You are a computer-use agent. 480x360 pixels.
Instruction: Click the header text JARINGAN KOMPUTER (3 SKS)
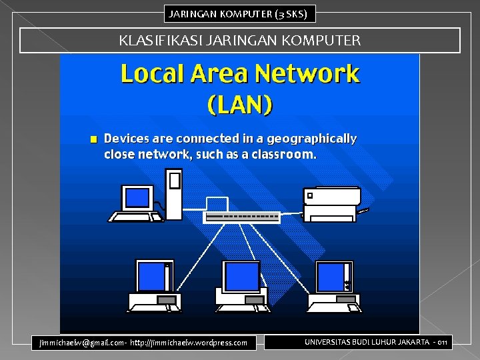click(x=238, y=13)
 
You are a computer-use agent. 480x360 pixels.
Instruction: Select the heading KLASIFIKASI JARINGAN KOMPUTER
click(x=240, y=41)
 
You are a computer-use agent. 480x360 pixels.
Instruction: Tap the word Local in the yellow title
click(x=152, y=74)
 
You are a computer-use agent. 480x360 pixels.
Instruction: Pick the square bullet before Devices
click(x=94, y=139)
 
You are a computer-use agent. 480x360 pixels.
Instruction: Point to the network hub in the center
click(x=242, y=217)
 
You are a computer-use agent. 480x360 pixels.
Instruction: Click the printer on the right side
click(x=331, y=203)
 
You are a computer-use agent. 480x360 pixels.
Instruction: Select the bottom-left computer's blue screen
click(x=151, y=276)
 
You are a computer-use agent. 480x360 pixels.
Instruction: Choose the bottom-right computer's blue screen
click(x=330, y=276)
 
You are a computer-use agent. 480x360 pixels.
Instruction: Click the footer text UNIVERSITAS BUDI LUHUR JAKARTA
click(x=366, y=342)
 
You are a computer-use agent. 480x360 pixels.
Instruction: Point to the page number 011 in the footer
click(x=442, y=342)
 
